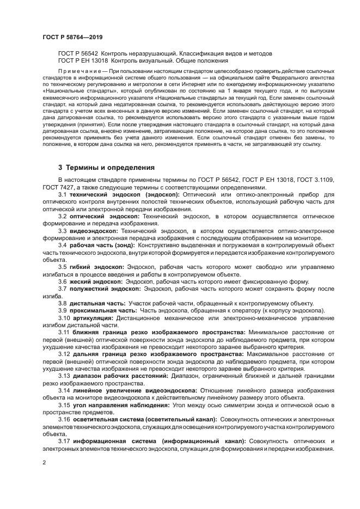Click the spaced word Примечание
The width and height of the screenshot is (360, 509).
(79, 72)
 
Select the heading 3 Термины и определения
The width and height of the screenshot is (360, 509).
(106, 167)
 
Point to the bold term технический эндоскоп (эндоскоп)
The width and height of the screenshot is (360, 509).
(117, 194)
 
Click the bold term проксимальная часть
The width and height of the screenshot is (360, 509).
(101, 310)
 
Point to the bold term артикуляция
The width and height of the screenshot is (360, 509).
(93, 317)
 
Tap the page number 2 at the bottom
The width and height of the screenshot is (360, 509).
(44, 462)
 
